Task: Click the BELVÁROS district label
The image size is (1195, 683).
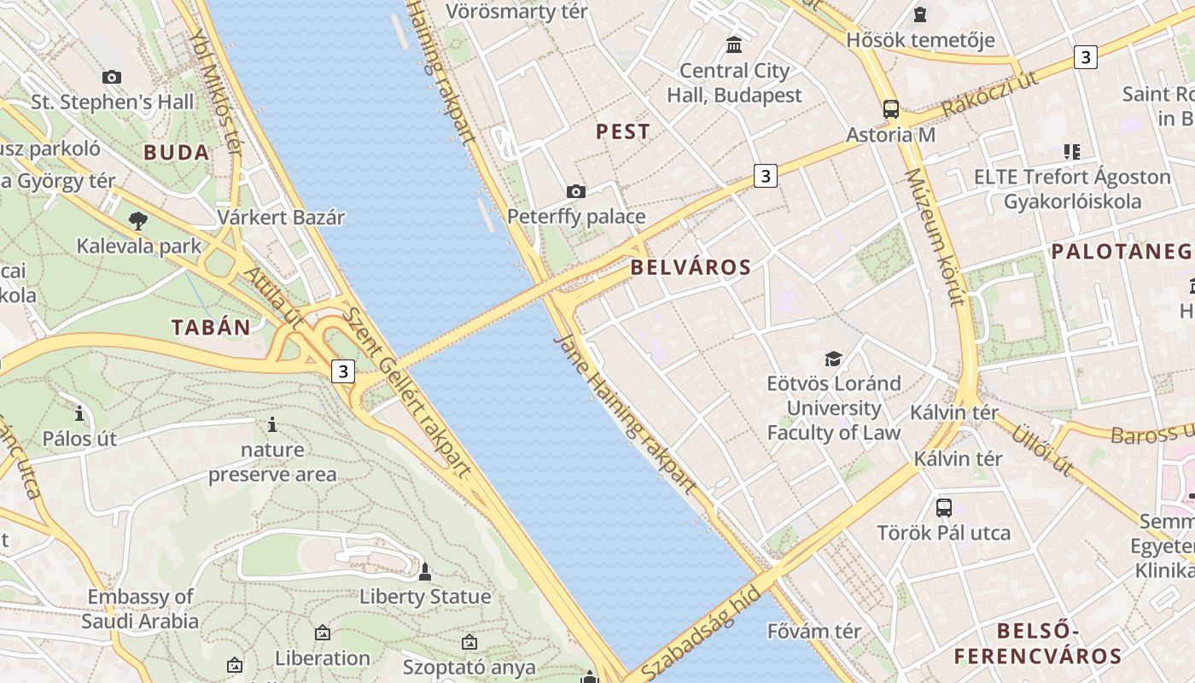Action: point(691,267)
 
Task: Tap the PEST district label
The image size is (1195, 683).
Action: point(623,131)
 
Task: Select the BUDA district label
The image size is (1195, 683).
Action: point(177,153)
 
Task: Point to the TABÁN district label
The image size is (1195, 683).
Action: point(211,327)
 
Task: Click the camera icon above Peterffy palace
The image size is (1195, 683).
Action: point(576,191)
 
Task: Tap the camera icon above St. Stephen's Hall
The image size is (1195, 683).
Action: point(112,77)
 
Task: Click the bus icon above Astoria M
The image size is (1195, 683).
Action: point(891,109)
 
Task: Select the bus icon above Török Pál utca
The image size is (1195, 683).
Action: point(944,507)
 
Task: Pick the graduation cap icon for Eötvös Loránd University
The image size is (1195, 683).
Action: point(833,359)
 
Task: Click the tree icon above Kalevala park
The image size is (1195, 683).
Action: point(137,221)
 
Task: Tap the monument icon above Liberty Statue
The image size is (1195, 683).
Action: point(425,571)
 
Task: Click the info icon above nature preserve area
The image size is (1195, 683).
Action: point(272,424)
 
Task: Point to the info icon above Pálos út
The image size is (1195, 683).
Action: point(79,414)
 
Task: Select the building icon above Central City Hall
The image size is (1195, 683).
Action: point(734,44)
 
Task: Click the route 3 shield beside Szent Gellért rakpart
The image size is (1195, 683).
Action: point(343,371)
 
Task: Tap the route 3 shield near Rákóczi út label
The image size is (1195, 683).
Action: point(1085,57)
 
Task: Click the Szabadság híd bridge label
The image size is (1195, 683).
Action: point(700,629)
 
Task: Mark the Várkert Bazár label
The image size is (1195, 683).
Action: point(281,217)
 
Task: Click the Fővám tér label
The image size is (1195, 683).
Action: point(814,632)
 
